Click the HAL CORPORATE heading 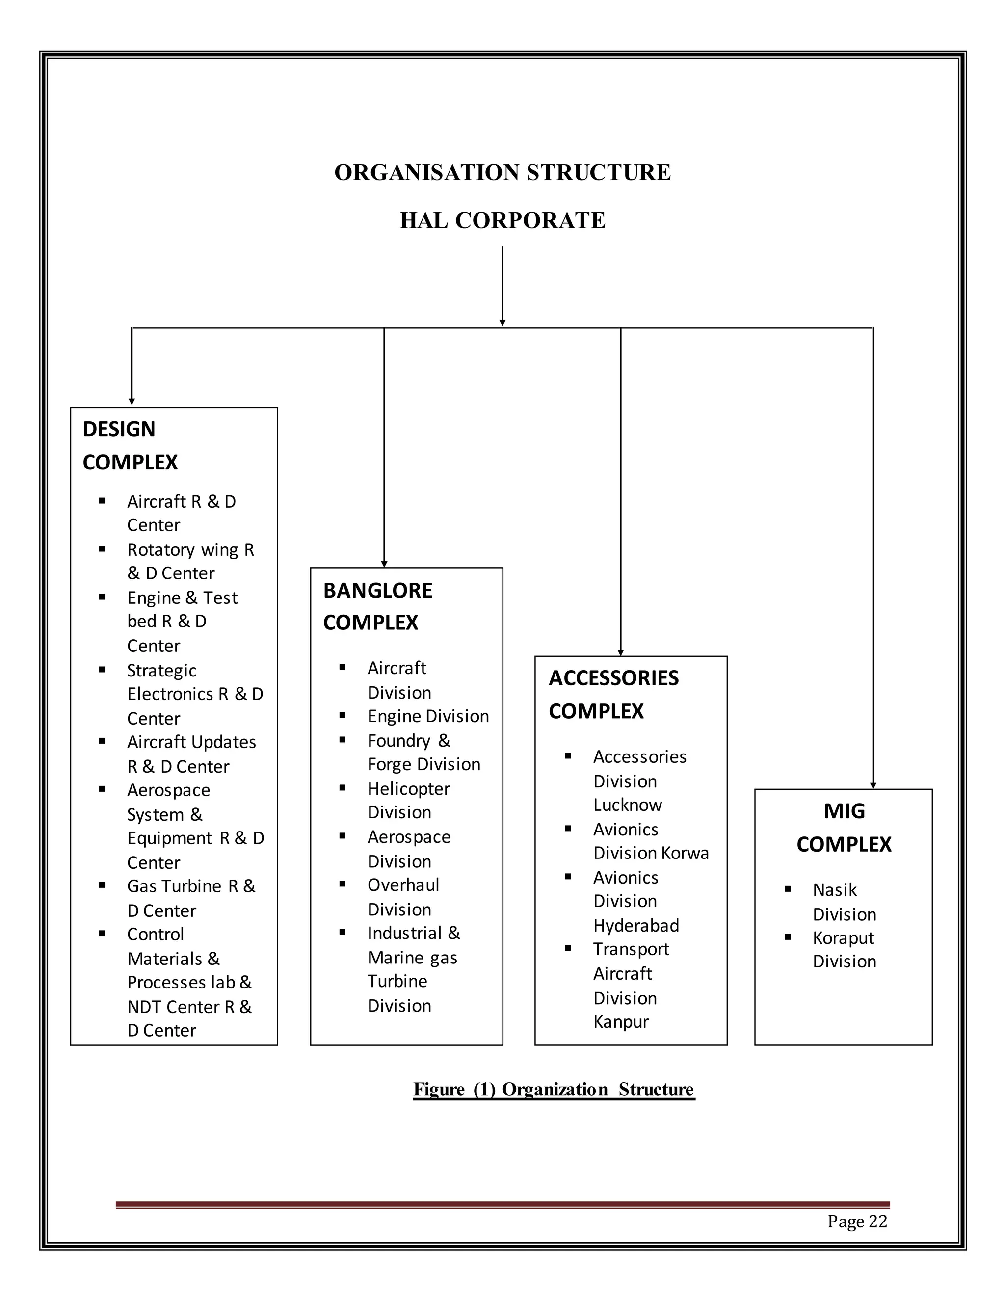[x=502, y=220]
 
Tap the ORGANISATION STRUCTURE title [x=502, y=173]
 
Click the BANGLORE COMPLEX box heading [x=377, y=606]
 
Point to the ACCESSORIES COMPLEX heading [x=613, y=694]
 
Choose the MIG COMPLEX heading [x=844, y=828]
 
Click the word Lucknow [x=627, y=805]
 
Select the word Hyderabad [x=636, y=926]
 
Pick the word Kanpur [x=620, y=1021]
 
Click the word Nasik [x=834, y=890]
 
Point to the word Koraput [x=843, y=938]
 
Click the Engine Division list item [x=427, y=716]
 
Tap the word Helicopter [x=408, y=789]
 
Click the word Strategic [x=161, y=670]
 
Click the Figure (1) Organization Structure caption [x=553, y=1089]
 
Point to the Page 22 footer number [x=857, y=1222]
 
